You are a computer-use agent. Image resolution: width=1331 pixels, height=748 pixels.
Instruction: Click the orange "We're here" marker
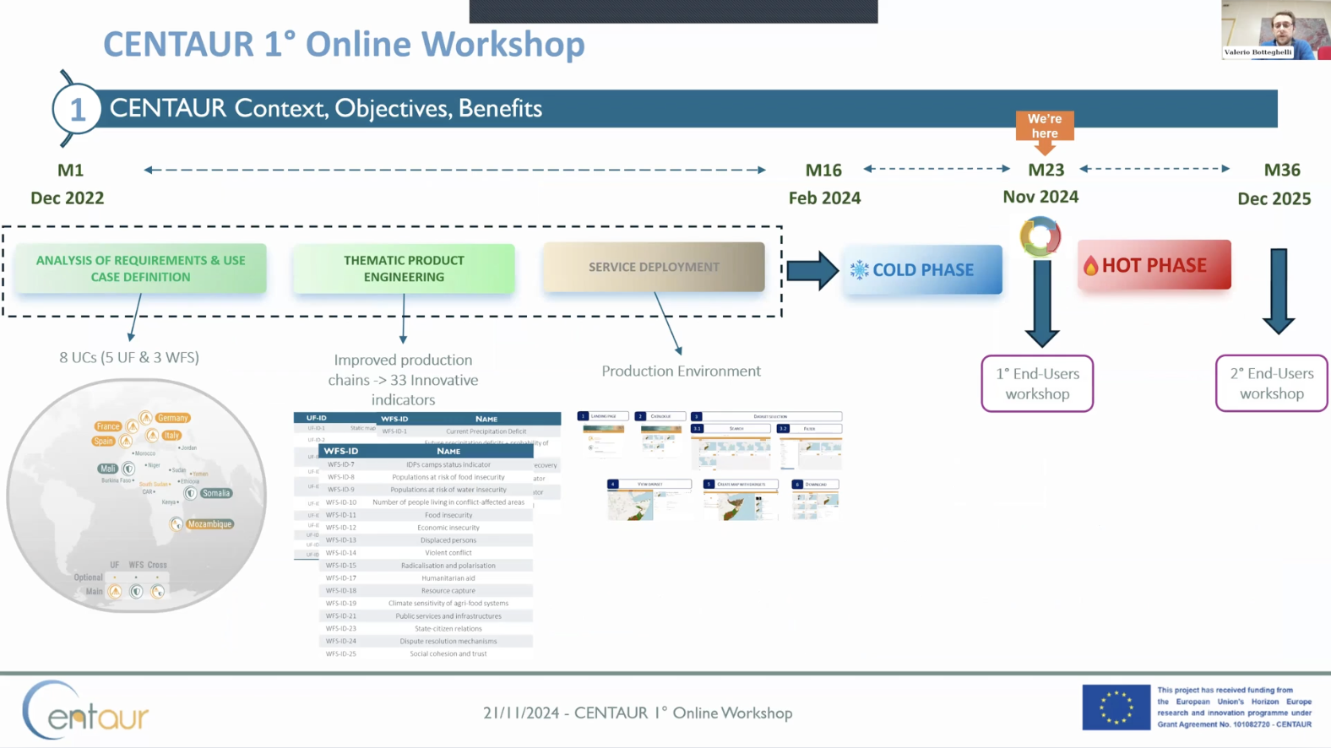pos(1045,127)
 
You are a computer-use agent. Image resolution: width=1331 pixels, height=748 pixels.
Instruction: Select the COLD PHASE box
pos(922,270)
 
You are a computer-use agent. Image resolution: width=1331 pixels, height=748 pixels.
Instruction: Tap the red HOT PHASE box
pos(1154,265)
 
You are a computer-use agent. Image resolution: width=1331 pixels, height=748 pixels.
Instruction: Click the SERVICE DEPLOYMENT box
pos(654,267)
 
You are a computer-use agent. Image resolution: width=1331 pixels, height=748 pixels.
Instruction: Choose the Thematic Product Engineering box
pos(404,268)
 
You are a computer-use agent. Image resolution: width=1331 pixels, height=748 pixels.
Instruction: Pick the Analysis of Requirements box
pos(140,268)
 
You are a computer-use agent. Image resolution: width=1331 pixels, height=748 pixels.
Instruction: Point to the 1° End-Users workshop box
pos(1037,383)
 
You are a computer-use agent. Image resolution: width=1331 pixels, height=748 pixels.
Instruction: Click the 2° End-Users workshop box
pos(1271,383)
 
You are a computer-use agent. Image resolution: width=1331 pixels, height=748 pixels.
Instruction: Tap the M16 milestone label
pos(823,171)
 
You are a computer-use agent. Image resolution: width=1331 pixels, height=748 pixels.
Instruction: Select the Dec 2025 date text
pos(1274,199)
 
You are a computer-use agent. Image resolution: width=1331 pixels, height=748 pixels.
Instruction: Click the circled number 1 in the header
pos(77,109)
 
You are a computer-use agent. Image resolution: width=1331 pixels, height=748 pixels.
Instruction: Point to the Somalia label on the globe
pos(215,493)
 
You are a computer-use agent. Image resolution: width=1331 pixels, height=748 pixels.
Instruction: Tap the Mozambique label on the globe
pos(209,524)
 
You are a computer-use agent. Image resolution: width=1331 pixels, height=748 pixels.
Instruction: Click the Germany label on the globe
pos(172,418)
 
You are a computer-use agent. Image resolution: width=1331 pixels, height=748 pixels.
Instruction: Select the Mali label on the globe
pos(107,469)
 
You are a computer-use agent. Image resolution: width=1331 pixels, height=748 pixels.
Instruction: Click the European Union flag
pos(1116,707)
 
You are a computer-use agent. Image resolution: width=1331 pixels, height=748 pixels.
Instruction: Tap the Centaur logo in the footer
pos(85,712)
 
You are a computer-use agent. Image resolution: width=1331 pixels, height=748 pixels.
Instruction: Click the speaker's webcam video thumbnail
pos(1275,30)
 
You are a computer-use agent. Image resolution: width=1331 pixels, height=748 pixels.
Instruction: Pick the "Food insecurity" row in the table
pos(448,515)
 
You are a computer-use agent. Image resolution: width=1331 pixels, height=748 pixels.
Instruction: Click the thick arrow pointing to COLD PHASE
pos(812,270)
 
